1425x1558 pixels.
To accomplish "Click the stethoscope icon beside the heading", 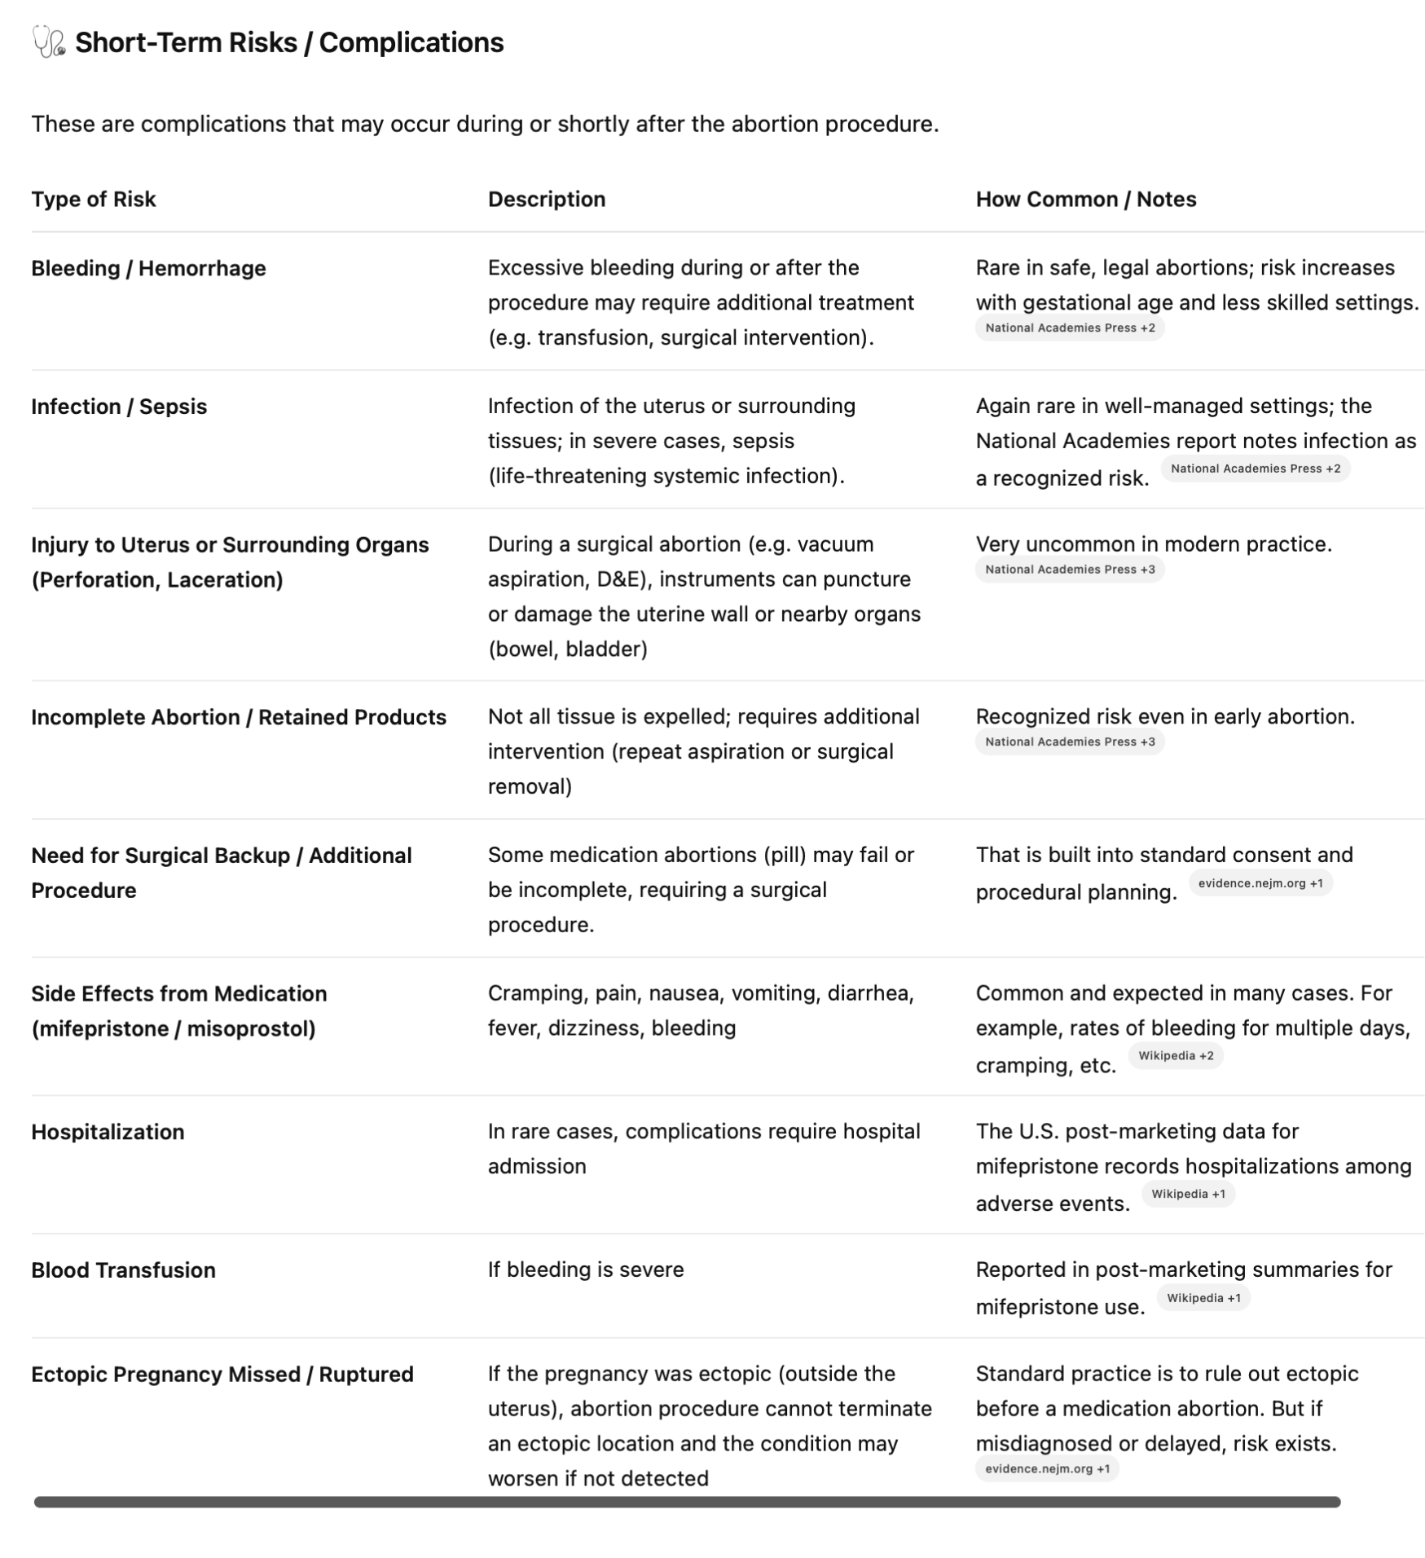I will coord(48,42).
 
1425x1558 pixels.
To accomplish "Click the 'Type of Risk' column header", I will coord(93,200).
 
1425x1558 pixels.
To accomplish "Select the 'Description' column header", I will coord(546,200).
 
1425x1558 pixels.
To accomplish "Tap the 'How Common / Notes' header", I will coord(1085,200).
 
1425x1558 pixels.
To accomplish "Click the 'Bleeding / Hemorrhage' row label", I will coord(148,268).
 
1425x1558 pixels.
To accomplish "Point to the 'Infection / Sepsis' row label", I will coord(119,407).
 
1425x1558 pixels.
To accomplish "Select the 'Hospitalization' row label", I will coord(108,1132).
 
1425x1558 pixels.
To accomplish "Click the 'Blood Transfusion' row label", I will coord(123,1270).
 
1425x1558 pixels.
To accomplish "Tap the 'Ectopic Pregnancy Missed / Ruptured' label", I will coord(222,1375).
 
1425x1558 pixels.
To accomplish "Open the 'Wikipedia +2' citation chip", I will coord(1175,1056).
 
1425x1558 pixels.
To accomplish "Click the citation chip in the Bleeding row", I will coord(1069,328).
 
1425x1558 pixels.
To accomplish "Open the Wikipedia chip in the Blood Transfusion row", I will coord(1203,1298).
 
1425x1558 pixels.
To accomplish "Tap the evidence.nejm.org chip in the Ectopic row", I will coord(1046,1469).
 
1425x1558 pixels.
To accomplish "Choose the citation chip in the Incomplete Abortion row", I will coord(1069,742).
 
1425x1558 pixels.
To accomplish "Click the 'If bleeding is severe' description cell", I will coord(585,1270).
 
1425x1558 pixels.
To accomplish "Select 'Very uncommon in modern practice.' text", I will coord(1153,544).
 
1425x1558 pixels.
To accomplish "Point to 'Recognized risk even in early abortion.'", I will coord(1164,717).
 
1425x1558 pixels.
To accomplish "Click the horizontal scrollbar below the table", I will coord(687,1502).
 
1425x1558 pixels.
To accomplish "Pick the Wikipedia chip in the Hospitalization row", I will coord(1187,1195).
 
